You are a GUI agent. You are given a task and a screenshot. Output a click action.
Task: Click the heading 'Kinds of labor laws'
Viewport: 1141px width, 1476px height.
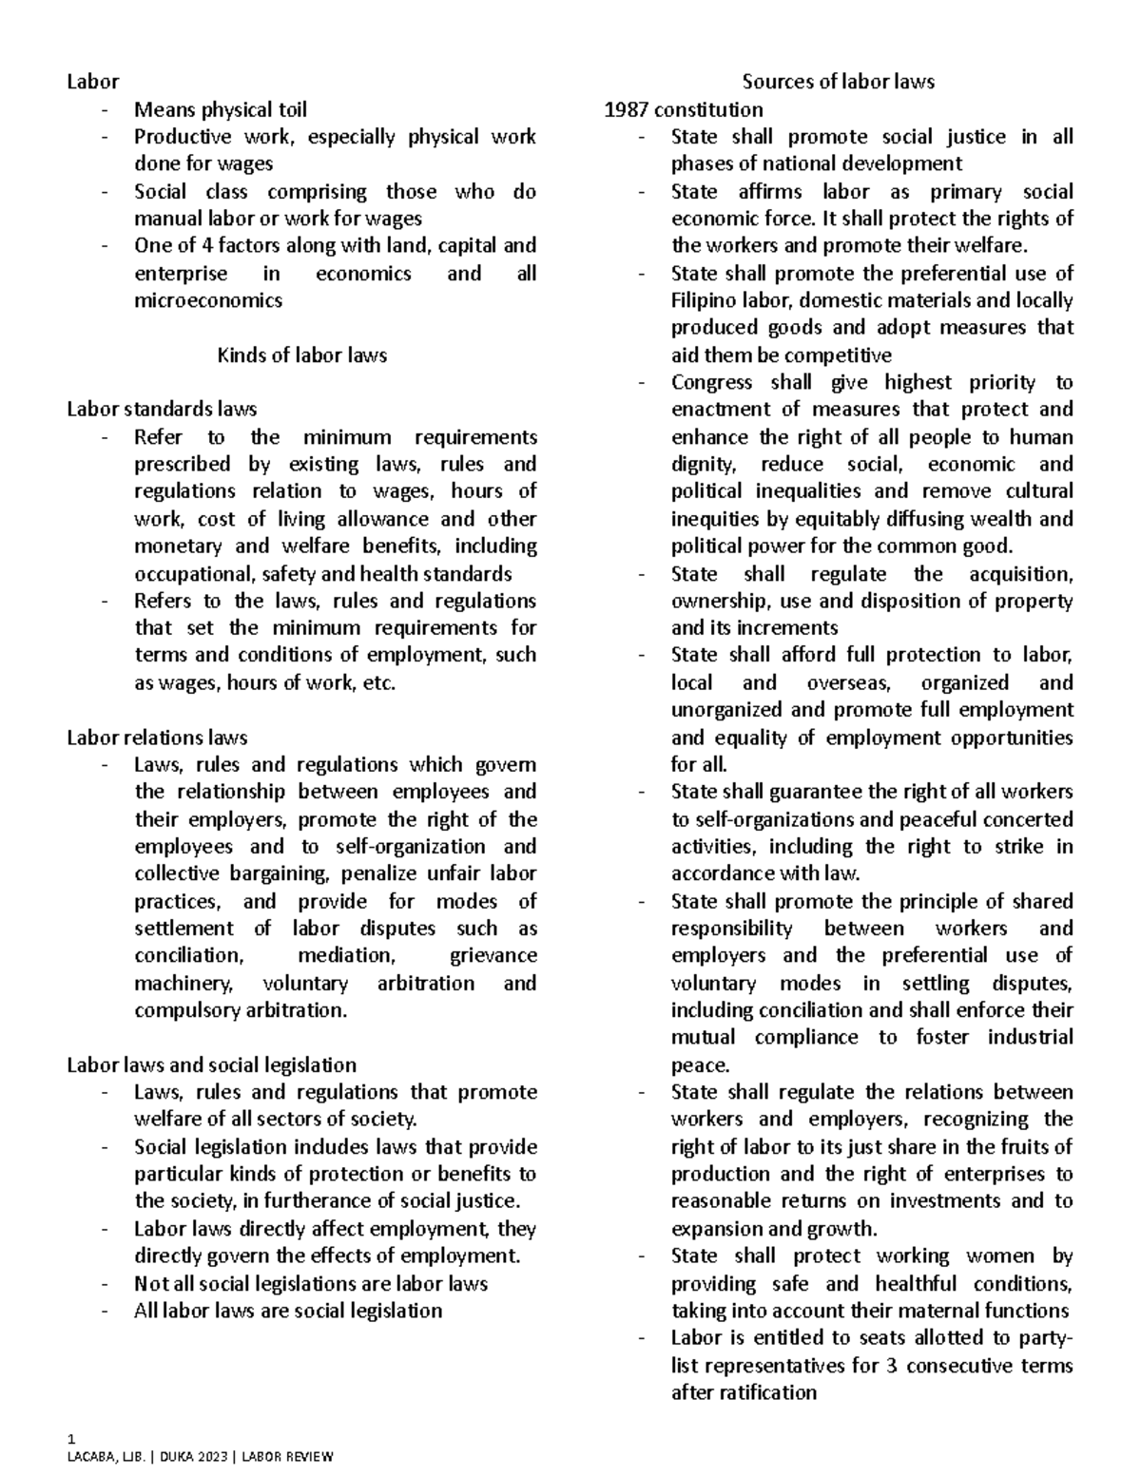301,355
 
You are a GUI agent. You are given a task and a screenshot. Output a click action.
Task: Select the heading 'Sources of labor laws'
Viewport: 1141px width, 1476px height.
838,82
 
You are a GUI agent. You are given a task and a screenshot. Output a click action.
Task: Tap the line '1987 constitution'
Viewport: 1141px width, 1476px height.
684,109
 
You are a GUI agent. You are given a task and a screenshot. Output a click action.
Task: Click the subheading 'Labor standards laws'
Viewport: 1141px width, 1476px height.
162,410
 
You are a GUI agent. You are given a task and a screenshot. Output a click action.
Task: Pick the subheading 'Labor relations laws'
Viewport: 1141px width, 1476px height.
157,738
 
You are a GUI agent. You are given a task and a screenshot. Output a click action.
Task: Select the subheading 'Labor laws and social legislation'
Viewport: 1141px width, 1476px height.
211,1064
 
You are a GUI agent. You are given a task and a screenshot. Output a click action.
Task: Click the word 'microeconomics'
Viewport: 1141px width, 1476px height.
208,300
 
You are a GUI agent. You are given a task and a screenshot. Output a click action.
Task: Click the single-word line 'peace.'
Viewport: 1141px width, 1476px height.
700,1064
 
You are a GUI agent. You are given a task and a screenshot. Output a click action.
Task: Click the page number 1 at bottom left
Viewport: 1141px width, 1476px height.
69,1437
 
